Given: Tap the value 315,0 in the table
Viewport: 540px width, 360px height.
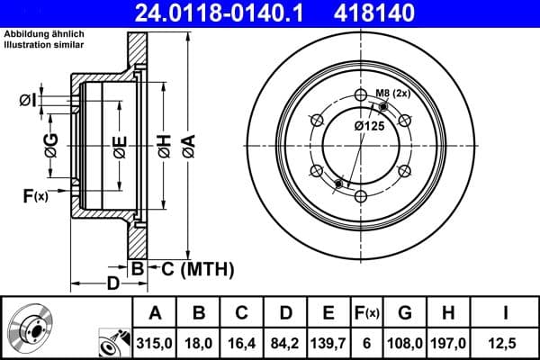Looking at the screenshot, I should (x=155, y=342).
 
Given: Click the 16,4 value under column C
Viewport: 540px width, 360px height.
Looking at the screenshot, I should (x=242, y=342).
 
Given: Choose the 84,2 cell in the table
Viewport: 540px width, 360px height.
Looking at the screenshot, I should (x=285, y=342).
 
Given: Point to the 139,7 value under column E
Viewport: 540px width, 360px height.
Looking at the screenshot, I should (x=328, y=342).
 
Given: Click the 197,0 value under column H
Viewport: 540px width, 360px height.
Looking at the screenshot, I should (x=447, y=342).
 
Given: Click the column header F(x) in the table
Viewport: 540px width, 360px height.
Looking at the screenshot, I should (x=367, y=313).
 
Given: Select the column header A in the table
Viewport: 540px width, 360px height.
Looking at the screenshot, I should (x=155, y=313).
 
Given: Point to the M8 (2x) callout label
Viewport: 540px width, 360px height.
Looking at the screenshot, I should (x=392, y=93).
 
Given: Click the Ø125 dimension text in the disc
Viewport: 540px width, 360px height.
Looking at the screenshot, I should (x=369, y=126).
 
